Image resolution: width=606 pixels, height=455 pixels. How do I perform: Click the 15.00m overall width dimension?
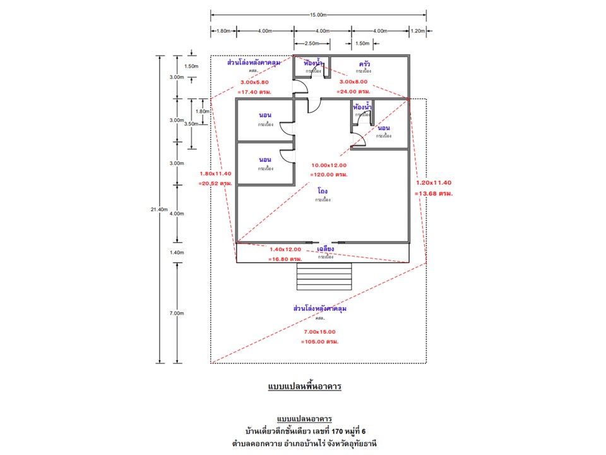[x=318, y=15]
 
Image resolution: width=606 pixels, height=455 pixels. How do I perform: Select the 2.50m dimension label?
[x=311, y=43]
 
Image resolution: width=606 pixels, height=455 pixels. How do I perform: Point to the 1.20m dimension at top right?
[x=417, y=30]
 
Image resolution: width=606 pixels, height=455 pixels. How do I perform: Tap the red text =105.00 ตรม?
[x=319, y=341]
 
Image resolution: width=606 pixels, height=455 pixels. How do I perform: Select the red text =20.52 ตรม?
[x=215, y=183]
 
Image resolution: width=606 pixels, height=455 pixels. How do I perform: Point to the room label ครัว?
[x=364, y=64]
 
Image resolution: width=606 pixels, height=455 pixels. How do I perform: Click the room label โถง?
[x=323, y=190]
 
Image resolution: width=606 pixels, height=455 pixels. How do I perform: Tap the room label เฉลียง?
[x=326, y=250]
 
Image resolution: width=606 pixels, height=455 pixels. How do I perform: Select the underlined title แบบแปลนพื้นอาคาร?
[x=304, y=385]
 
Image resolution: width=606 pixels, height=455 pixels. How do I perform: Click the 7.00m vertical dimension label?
[x=177, y=313]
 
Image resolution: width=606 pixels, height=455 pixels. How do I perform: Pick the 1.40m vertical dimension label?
[x=177, y=252]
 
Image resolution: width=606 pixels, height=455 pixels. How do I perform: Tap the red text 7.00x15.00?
[x=319, y=332]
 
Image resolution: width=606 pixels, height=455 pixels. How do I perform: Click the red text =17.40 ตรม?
[x=254, y=92]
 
